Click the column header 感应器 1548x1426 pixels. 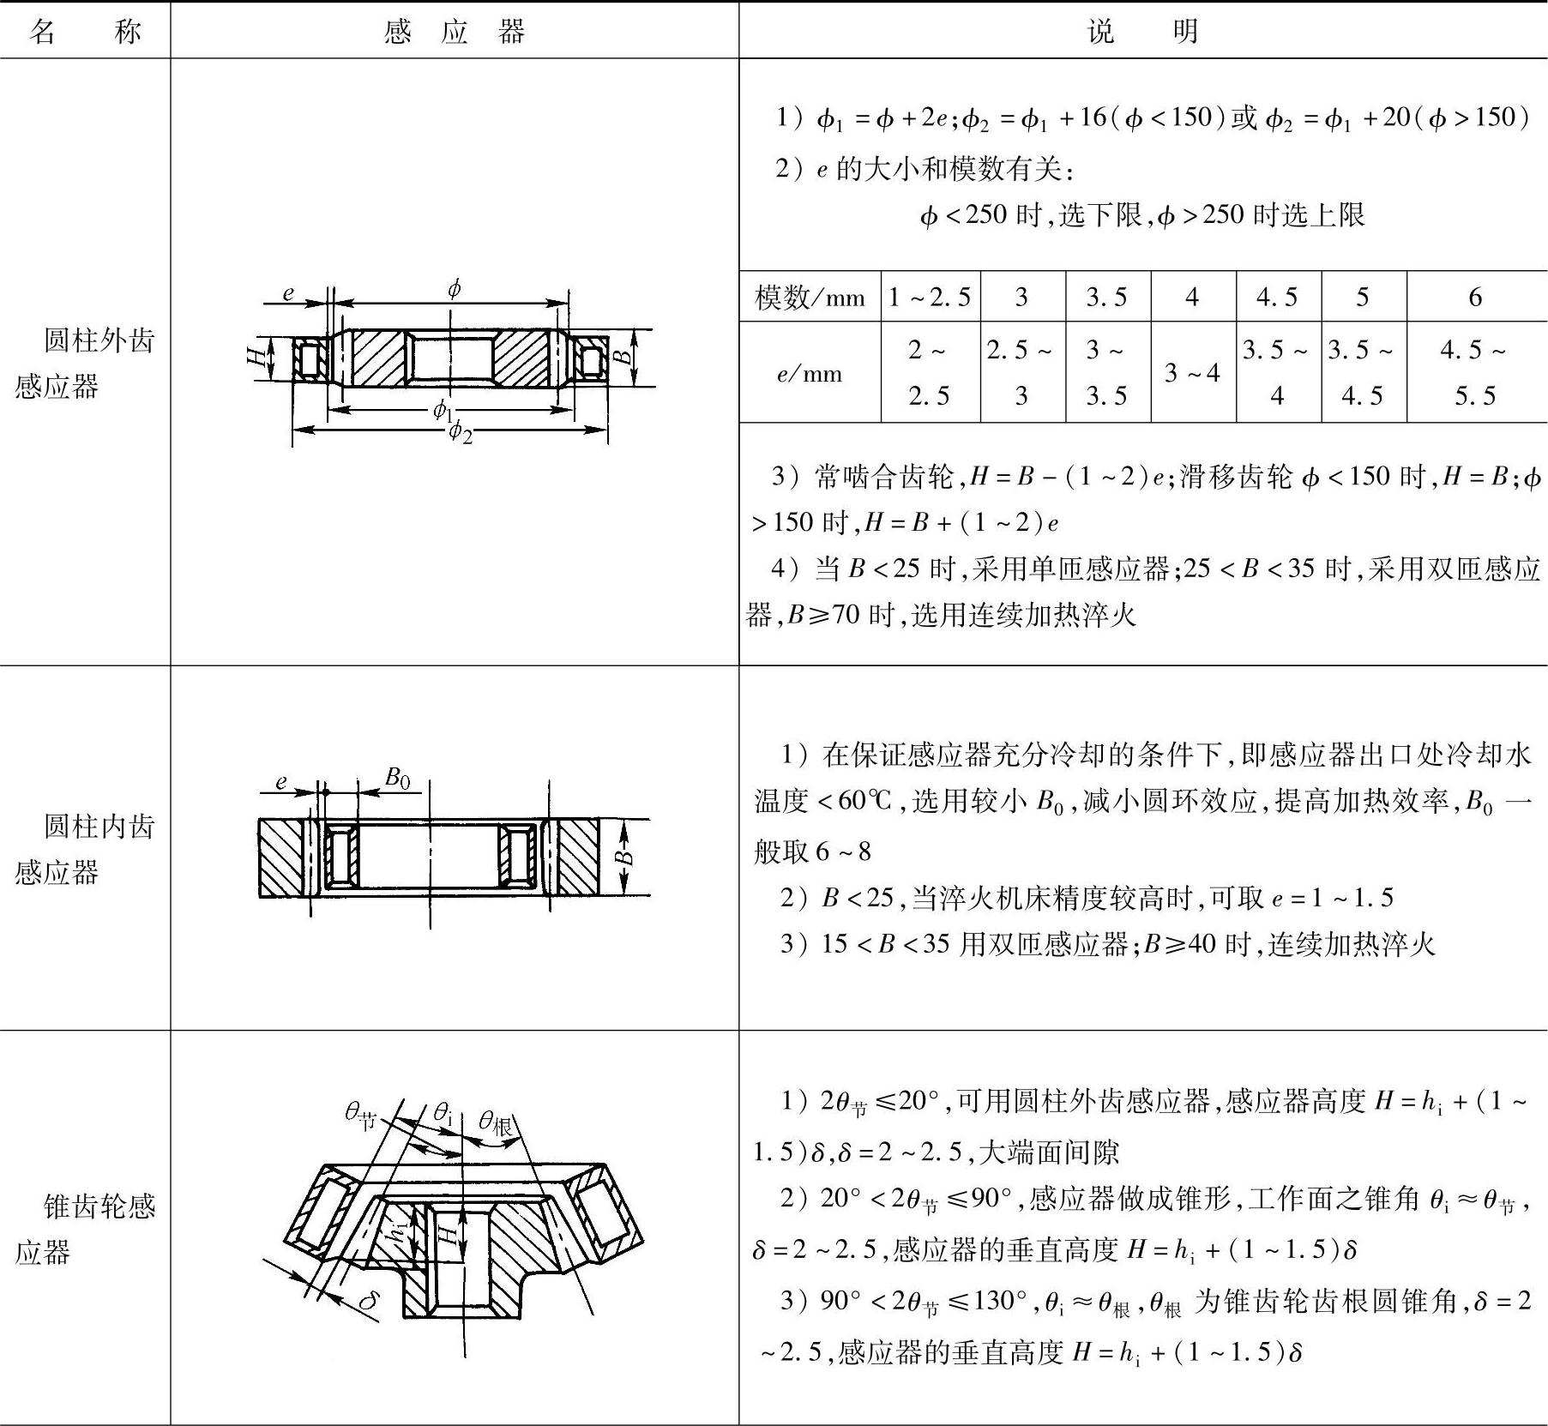[454, 32]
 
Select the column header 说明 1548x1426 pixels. [1142, 32]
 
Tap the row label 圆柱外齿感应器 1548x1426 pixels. [85, 363]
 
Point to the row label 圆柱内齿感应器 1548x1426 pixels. [85, 849]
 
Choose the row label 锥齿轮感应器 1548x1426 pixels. [85, 1230]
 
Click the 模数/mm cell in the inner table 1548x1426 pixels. [810, 298]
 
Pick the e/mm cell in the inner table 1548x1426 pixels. [810, 373]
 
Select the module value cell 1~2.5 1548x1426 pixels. [930, 298]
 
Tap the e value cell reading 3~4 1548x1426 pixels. [1192, 373]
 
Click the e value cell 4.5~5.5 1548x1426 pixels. [1474, 373]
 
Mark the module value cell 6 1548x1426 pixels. [1474, 298]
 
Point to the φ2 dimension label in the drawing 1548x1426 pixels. [461, 431]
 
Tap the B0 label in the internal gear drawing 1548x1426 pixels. [397, 778]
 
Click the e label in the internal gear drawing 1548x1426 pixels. [280, 781]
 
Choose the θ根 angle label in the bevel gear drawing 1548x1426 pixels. [496, 1121]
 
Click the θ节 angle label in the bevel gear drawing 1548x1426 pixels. [360, 1114]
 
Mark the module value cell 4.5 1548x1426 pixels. [1277, 298]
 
